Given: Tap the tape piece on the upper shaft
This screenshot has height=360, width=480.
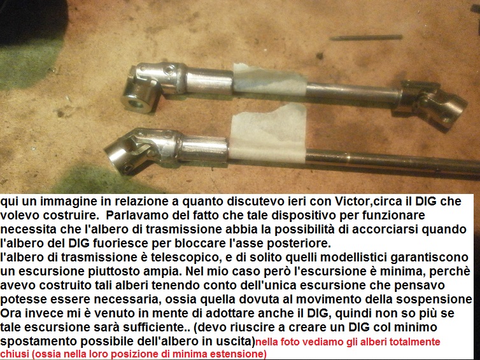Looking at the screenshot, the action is [x=270, y=80].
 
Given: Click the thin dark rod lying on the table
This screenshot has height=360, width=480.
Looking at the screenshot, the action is [x=366, y=38].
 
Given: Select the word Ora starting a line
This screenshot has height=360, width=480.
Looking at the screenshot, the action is [x=11, y=313].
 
